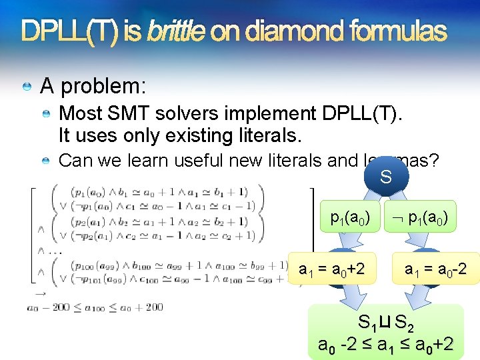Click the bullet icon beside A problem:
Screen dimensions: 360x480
click(x=27, y=87)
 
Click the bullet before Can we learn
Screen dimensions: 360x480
click(x=47, y=162)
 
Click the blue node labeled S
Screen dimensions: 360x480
click(x=385, y=177)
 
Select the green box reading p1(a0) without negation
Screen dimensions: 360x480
click(x=349, y=217)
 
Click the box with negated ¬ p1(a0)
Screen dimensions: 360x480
click(x=420, y=217)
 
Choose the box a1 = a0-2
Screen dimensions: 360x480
click(x=436, y=270)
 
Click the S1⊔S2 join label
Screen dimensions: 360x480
click(x=385, y=323)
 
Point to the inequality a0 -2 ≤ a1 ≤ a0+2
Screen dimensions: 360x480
click(x=385, y=345)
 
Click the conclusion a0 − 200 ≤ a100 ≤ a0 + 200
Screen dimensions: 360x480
click(x=95, y=307)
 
